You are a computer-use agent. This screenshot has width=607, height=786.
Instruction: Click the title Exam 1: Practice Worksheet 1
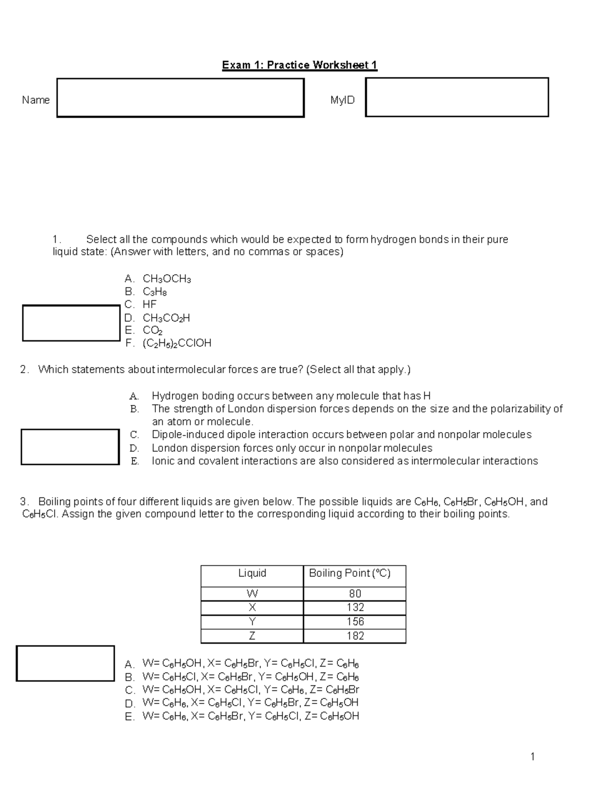point(299,65)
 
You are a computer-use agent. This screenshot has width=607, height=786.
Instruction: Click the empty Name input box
point(180,98)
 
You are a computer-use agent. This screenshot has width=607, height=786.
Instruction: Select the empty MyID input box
point(457,97)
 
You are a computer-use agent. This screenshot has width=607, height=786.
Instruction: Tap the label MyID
point(342,100)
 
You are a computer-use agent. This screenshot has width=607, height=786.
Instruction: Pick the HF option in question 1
point(149,304)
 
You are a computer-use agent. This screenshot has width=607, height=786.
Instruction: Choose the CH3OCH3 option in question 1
point(166,279)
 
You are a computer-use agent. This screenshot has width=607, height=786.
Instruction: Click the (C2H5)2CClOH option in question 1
point(177,343)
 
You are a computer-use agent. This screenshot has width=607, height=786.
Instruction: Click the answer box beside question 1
point(71,323)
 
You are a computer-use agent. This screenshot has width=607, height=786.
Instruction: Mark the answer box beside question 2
point(70,446)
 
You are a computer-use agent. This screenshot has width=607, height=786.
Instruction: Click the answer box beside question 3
point(66,663)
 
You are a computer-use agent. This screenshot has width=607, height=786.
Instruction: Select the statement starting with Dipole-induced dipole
point(341,435)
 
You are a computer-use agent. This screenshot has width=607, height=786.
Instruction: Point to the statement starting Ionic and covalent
point(344,461)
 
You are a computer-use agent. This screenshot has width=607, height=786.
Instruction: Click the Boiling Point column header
point(350,573)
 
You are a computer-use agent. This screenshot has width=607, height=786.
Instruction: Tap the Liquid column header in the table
point(252,573)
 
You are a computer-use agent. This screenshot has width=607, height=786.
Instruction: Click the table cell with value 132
point(355,607)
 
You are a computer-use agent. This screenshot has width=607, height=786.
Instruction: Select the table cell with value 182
point(355,636)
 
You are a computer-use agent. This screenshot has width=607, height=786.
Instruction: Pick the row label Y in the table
point(252,622)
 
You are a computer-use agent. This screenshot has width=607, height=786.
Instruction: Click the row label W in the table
point(252,593)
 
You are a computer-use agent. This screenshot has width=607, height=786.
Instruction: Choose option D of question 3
point(250,703)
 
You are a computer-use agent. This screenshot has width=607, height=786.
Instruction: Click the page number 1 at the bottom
point(532,757)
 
